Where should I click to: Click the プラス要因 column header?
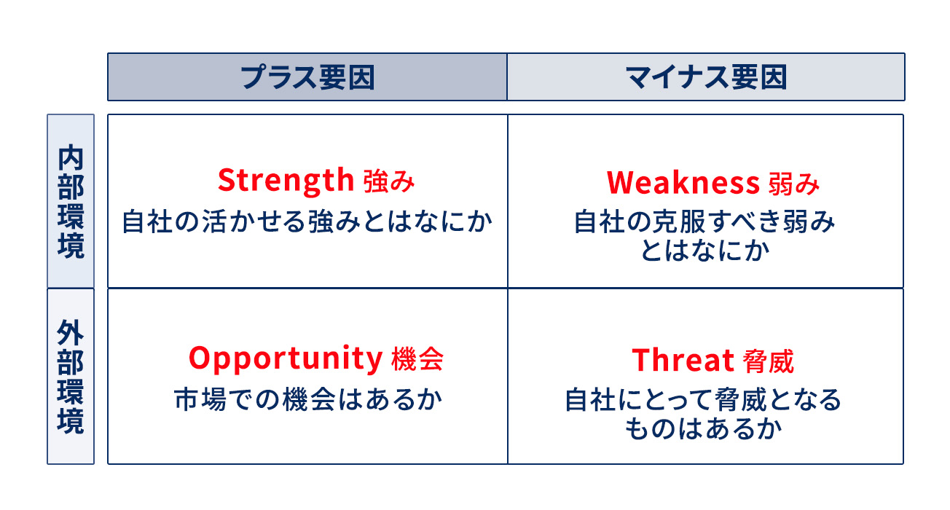pos(307,76)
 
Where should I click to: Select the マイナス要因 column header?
pos(706,76)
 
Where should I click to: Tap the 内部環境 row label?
pos(71,201)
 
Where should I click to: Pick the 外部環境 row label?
pos(71,377)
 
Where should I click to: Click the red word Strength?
pos(285,179)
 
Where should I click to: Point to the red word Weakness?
pos(683,182)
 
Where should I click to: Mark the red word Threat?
pos(683,360)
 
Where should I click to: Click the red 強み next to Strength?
pos(389,181)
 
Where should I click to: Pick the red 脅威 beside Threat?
pos(769,361)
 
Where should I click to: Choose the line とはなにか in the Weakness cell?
pos(704,251)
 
